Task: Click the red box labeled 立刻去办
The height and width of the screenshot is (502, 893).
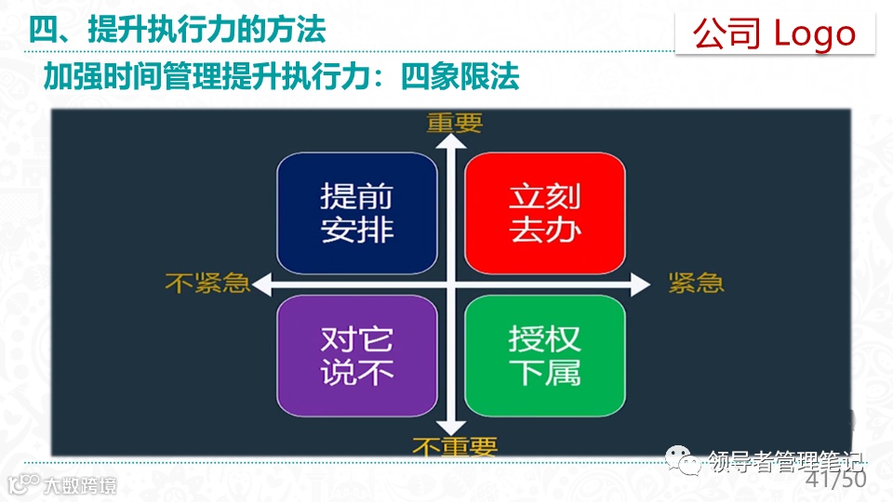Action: (x=544, y=213)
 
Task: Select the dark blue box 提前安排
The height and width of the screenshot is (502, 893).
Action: (x=357, y=213)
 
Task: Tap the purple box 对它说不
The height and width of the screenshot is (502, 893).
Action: (x=357, y=355)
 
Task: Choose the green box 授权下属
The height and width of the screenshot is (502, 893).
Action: (x=544, y=355)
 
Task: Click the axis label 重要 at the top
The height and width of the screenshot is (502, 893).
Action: (x=454, y=123)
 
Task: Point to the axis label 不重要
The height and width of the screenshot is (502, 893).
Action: (x=455, y=447)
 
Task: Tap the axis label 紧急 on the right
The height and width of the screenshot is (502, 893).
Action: (x=696, y=284)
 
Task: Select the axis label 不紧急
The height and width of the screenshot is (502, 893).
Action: (x=207, y=284)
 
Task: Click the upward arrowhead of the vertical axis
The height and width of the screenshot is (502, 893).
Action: (x=451, y=142)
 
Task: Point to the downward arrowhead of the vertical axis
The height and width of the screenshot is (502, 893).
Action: (x=451, y=427)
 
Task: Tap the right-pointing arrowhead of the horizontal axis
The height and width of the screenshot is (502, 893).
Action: (x=640, y=284)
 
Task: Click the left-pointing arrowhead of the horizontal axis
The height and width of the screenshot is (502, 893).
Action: (x=263, y=284)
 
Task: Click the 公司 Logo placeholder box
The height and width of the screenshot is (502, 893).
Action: (x=774, y=33)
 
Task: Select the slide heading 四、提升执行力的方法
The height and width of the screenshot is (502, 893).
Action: (x=177, y=30)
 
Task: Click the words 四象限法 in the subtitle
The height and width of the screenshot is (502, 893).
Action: (x=460, y=77)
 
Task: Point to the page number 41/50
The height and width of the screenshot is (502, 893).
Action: (x=835, y=480)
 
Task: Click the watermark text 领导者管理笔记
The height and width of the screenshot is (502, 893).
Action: (x=786, y=460)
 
